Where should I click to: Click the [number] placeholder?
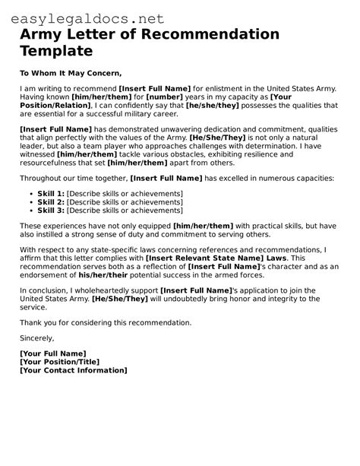(x=166, y=97)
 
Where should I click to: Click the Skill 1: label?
(x=51, y=195)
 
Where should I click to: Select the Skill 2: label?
(x=51, y=203)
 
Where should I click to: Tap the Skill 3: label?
(x=51, y=211)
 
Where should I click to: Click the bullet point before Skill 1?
(x=30, y=195)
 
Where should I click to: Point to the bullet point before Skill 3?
(x=30, y=211)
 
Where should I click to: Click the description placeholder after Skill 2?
(x=125, y=203)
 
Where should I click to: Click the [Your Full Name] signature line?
(x=53, y=353)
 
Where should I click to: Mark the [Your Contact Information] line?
(x=74, y=370)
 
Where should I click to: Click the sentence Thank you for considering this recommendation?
(x=106, y=322)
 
